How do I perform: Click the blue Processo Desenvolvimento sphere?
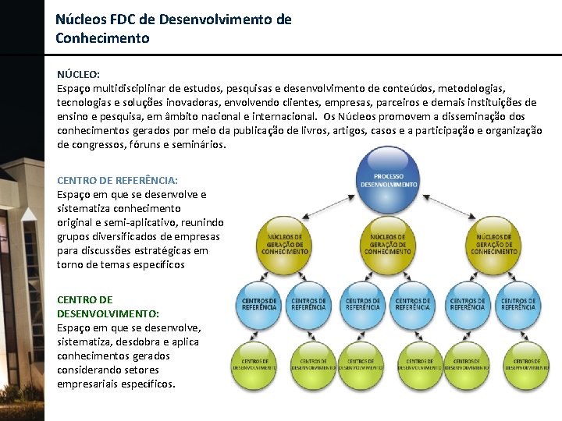pyautogui.click(x=388, y=180)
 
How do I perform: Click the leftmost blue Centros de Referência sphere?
pyautogui.click(x=259, y=303)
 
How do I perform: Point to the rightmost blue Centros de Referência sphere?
pyautogui.click(x=518, y=303)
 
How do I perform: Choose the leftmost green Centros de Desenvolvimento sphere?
pyautogui.click(x=255, y=365)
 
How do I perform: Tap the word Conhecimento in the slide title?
pyautogui.click(x=102, y=37)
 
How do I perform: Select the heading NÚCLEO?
pyautogui.click(x=78, y=75)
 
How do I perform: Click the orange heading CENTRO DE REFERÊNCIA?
pyautogui.click(x=117, y=181)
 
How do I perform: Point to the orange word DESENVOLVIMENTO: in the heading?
pyautogui.click(x=98, y=313)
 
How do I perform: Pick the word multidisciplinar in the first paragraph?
pyautogui.click(x=131, y=89)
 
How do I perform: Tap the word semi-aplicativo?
pyautogui.click(x=146, y=223)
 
